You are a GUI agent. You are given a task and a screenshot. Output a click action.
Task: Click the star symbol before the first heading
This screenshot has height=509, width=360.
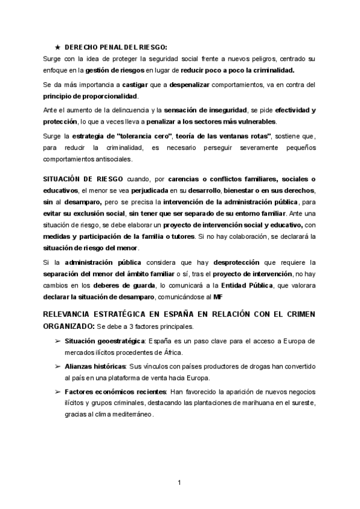pyautogui.click(x=57, y=47)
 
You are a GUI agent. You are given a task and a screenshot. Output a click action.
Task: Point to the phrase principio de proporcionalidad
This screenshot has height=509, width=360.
pyautogui.click(x=90, y=96)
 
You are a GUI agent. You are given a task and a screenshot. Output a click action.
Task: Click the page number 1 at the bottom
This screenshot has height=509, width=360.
pyautogui.click(x=180, y=482)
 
